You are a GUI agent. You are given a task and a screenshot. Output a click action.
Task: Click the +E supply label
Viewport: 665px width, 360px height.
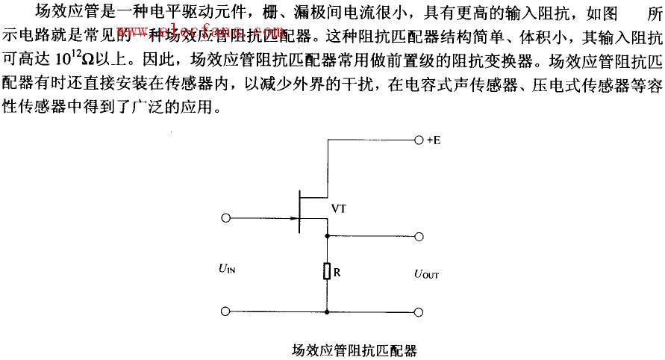(x=433, y=140)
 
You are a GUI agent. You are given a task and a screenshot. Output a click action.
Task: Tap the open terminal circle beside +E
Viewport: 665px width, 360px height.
(x=418, y=140)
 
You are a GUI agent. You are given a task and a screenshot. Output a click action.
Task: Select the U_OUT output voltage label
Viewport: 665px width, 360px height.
(x=427, y=274)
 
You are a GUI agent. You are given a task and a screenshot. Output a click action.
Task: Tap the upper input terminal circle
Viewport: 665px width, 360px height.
(x=227, y=219)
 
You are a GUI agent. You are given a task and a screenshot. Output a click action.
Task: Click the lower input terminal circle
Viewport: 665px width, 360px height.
(x=227, y=311)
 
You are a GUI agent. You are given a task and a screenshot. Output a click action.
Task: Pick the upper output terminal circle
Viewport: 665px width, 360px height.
(x=419, y=236)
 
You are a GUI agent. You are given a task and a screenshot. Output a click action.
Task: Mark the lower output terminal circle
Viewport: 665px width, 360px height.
(x=419, y=311)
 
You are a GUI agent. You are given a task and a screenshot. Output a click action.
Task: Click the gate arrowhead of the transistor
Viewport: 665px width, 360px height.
(x=293, y=219)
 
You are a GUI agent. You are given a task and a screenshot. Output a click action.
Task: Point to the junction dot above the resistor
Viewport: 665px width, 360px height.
(x=327, y=236)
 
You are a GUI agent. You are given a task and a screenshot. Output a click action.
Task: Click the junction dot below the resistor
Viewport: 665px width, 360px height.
(x=327, y=311)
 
